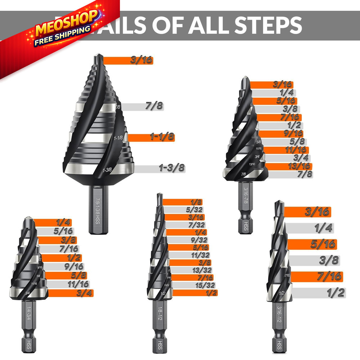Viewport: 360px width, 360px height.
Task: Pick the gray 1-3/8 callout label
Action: (x=171, y=168)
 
